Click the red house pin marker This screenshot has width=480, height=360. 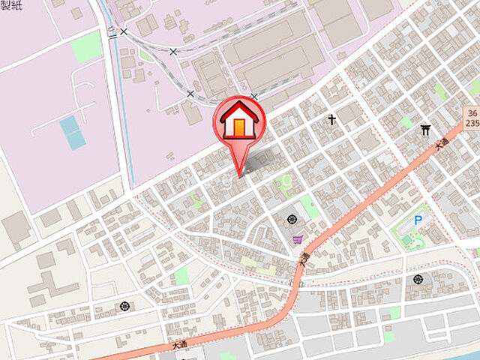click(239, 120)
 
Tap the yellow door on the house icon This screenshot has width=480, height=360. click(239, 127)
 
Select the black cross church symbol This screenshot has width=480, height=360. click(331, 119)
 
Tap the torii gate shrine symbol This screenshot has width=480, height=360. click(426, 130)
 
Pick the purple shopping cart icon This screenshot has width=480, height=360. click(298, 240)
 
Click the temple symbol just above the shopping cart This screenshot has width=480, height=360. click(292, 220)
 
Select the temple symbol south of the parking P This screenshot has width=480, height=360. click(417, 279)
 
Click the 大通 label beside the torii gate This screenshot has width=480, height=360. click(442, 146)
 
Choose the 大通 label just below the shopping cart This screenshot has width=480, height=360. click(304, 260)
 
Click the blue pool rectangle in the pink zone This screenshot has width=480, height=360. click(72, 132)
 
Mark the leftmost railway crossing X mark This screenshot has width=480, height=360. click(124, 31)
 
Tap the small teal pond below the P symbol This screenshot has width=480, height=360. click(407, 240)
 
